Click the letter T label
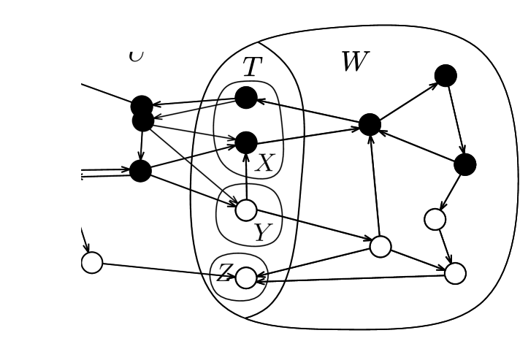point(251,67)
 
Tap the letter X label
point(264,163)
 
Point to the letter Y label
point(262,232)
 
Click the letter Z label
point(224,273)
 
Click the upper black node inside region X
point(246,98)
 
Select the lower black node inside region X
point(246,142)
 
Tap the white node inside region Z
point(246,277)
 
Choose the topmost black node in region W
point(446,75)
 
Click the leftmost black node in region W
point(370,125)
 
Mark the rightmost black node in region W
point(464,164)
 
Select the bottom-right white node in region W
point(454,273)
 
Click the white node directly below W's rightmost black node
point(435,218)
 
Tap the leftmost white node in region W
point(380,247)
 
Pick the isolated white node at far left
point(91,262)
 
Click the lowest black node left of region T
point(140,171)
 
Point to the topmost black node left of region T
point(142,106)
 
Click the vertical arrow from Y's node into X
point(246,177)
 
